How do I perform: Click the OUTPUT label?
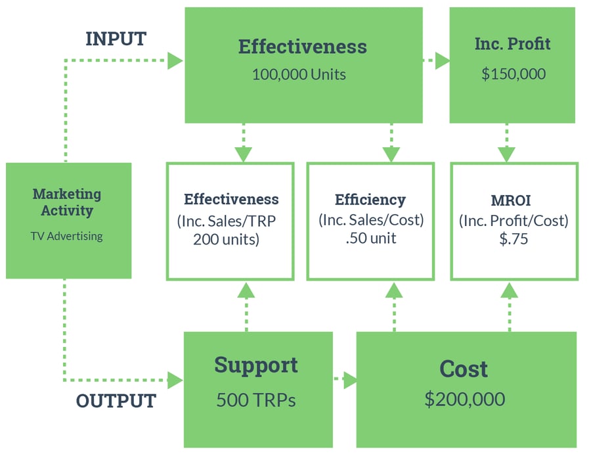coord(116,401)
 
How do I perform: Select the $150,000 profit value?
coord(514,74)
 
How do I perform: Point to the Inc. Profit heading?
coord(512,44)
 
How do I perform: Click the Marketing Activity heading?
coord(67,202)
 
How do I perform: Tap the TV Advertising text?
coord(67,236)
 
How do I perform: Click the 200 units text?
coord(227,239)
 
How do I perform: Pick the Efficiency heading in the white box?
coord(370,200)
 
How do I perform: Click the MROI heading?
coord(514,200)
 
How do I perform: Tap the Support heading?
coord(256,365)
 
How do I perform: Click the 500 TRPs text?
coord(256,400)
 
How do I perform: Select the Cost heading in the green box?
coord(464,369)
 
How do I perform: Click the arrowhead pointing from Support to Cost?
coord(350,380)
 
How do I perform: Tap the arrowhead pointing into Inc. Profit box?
coord(442,61)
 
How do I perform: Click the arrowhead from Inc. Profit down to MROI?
coord(506,155)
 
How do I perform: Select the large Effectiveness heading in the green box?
coord(303,47)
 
